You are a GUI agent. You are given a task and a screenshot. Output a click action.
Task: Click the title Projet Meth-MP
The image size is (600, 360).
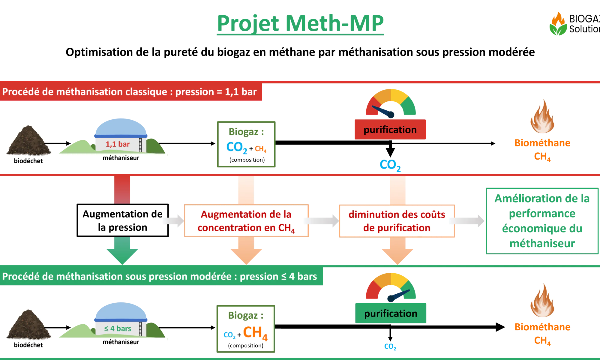click(300, 23)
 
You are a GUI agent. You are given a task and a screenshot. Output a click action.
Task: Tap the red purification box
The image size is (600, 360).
click(390, 129)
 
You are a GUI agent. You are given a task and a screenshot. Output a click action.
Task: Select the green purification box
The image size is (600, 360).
click(391, 313)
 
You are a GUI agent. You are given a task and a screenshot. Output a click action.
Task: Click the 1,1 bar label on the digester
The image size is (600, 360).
click(118, 144)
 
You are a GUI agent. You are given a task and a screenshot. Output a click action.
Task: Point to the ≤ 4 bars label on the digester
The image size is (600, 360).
click(118, 328)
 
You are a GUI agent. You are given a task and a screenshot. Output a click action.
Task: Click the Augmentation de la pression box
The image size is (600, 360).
click(123, 220)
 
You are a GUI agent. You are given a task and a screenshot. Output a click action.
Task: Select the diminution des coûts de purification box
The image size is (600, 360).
click(397, 221)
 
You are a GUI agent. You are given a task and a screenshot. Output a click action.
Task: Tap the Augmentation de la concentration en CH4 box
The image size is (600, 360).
click(246, 221)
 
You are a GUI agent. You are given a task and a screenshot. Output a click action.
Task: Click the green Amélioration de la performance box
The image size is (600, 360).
click(542, 221)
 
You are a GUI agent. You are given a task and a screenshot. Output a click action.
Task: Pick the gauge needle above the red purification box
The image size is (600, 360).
click(383, 111)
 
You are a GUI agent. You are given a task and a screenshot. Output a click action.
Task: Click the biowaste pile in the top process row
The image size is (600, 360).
click(28, 140)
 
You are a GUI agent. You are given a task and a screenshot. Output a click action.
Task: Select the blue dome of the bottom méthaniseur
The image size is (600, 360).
click(121, 311)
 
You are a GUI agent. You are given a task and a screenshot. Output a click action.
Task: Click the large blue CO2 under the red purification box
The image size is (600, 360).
click(390, 165)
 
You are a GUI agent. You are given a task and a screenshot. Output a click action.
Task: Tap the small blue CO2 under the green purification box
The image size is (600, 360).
click(390, 346)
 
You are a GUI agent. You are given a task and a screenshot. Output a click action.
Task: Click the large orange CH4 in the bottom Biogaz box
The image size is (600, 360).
click(255, 333)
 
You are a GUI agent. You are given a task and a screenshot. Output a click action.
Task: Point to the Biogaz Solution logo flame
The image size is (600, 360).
click(558, 23)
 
